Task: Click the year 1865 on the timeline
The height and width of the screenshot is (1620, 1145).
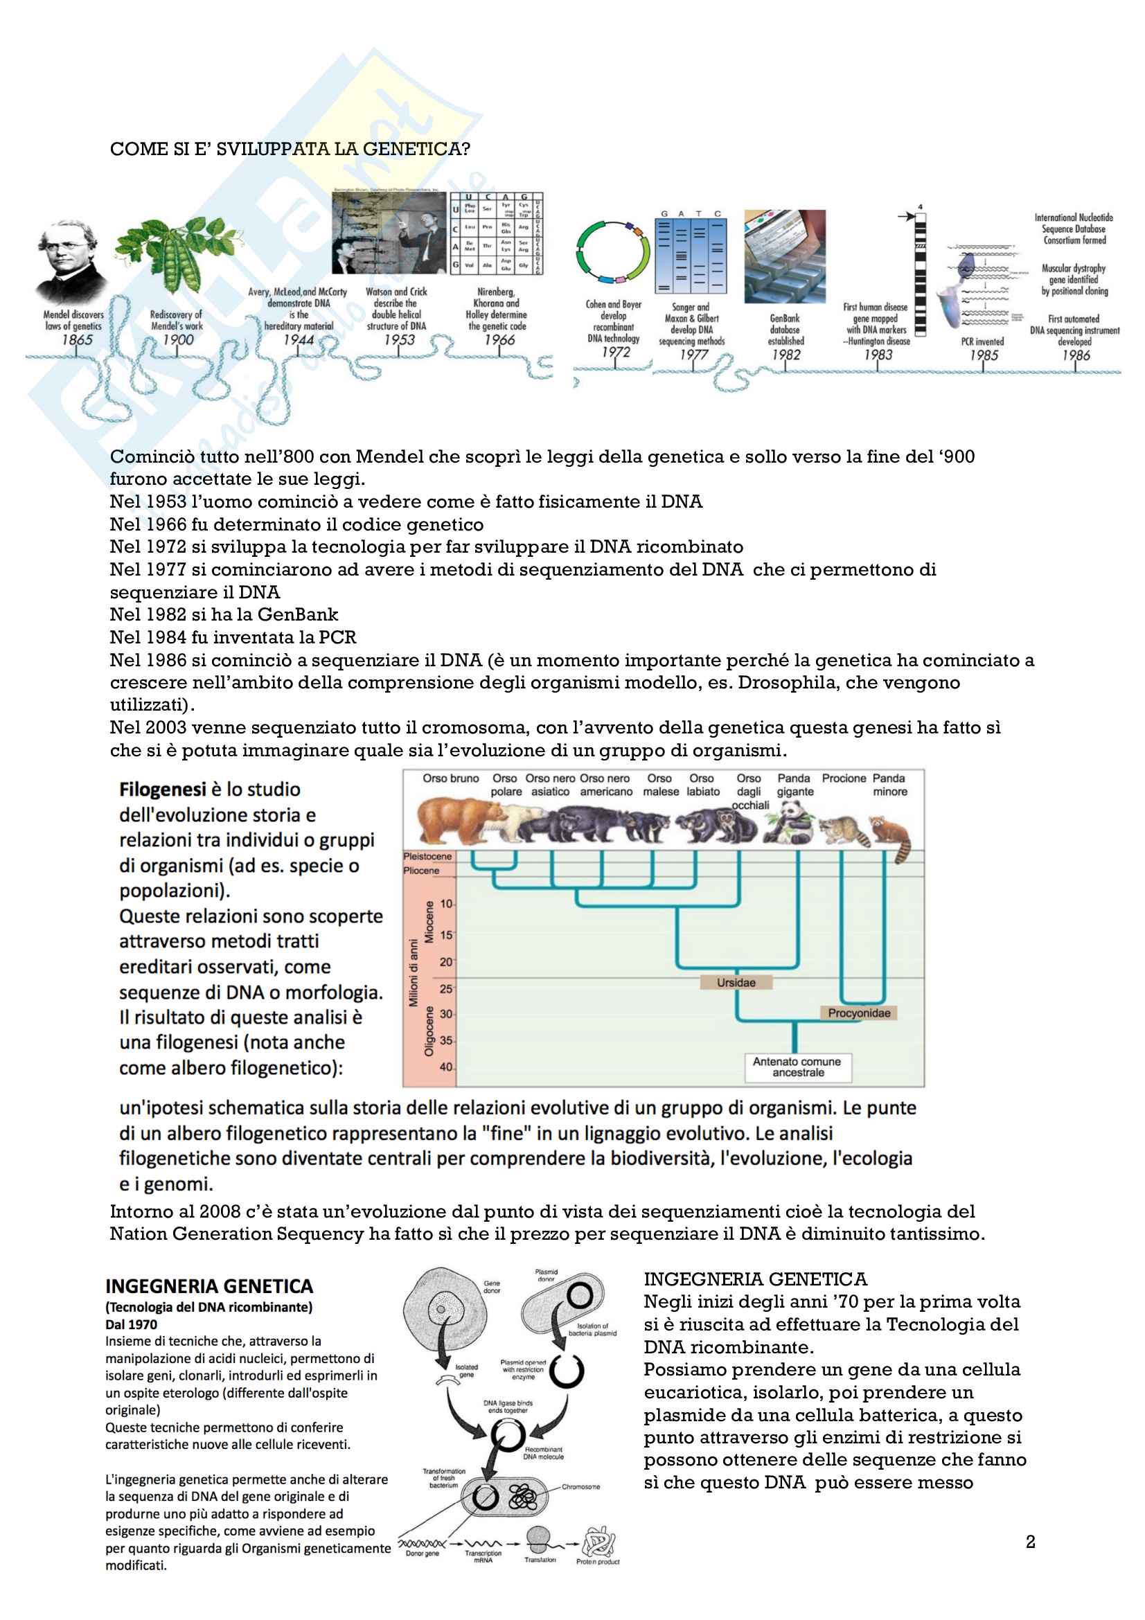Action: click(77, 339)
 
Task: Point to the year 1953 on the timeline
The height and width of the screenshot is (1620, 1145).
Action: click(399, 339)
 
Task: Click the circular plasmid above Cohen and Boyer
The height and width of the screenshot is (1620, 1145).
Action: click(613, 253)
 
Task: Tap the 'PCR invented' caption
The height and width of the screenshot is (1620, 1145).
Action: click(982, 341)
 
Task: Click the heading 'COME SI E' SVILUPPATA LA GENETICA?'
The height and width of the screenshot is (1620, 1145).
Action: click(290, 149)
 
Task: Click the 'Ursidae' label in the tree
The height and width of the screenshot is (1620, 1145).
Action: click(736, 982)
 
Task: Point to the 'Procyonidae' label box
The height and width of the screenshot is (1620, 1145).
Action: click(858, 1013)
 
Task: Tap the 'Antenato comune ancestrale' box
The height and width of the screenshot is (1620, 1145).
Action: click(797, 1067)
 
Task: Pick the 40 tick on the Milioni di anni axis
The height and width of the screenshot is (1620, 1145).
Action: click(446, 1067)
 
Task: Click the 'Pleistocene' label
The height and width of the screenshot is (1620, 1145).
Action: click(427, 856)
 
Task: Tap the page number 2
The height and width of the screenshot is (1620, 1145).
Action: click(1030, 1542)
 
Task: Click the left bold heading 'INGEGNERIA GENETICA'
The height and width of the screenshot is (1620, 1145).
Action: click(208, 1286)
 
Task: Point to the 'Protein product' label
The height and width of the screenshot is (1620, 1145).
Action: click(598, 1561)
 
